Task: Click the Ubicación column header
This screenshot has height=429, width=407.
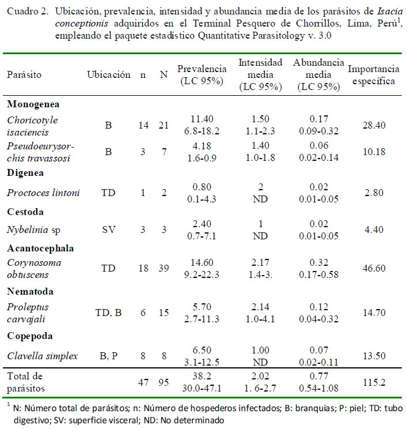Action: coord(108,75)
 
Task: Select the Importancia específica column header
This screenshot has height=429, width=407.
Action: coord(374,75)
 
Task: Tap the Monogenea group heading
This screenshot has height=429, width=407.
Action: coord(33,104)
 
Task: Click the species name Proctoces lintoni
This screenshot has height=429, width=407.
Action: coord(43,193)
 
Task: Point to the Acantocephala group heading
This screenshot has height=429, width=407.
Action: coord(40,249)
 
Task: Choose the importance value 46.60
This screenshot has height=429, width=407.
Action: coord(374,268)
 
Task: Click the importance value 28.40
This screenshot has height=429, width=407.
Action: coord(374,125)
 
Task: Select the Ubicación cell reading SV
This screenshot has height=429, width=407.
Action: coord(108,229)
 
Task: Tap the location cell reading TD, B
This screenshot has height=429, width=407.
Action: coord(108,313)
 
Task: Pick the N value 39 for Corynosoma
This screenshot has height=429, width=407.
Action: coord(164,268)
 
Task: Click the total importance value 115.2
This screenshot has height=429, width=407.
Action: coord(374,382)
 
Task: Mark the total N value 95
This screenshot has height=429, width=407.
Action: coord(164,382)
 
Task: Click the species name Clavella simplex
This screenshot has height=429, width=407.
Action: coord(43,356)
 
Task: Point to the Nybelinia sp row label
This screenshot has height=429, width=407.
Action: coord(33,230)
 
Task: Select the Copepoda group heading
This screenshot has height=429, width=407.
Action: coord(29,336)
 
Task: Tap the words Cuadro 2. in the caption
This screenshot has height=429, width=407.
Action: coord(28,12)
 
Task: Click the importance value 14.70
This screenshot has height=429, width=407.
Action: coord(374,313)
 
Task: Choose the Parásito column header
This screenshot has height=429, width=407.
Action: coord(24,75)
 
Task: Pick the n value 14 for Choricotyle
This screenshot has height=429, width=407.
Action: coord(144,125)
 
